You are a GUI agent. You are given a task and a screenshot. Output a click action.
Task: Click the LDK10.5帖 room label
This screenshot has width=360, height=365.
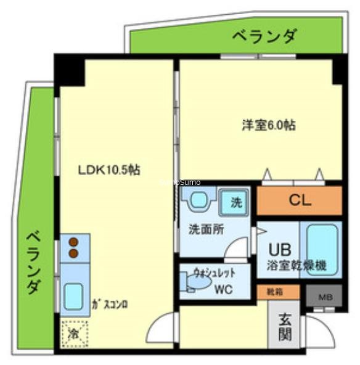click(x=108, y=170)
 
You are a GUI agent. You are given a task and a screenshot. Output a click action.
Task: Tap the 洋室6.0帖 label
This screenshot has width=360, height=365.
click(x=268, y=125)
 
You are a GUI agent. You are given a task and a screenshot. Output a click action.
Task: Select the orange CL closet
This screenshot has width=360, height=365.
click(x=299, y=200)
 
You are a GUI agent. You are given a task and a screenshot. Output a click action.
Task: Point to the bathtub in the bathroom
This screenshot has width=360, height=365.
click(x=320, y=249)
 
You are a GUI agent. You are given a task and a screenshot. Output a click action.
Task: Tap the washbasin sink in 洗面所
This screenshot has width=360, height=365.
click(x=198, y=201)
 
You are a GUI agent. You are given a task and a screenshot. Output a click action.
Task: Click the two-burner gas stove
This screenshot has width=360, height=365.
click(x=74, y=247)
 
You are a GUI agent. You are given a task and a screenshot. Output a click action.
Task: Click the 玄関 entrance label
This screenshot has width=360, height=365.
click(x=285, y=327)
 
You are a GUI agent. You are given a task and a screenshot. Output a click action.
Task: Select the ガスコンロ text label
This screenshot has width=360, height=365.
click(x=110, y=303)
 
